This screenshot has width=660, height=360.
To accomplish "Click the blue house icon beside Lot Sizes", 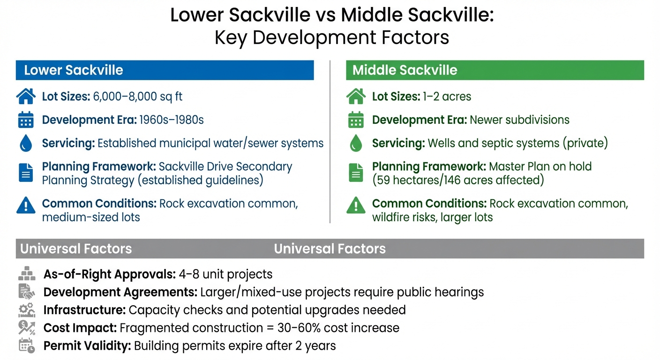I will [x=26, y=97].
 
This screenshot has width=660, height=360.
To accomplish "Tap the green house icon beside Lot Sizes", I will [x=356, y=97].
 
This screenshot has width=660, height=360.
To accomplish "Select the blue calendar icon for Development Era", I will [x=26, y=120].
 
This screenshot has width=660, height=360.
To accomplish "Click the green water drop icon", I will [x=356, y=143].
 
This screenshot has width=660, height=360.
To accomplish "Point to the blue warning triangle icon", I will [x=26, y=205].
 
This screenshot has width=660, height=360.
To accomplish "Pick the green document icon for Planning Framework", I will [x=356, y=172].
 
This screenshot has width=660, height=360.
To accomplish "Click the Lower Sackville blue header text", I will [x=74, y=70].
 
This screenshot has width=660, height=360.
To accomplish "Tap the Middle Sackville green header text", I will [x=405, y=70].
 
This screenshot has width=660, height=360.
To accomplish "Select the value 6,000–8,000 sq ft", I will [x=138, y=97].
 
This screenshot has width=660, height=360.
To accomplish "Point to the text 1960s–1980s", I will [x=172, y=120].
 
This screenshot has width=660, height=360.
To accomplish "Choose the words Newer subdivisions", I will [x=519, y=120].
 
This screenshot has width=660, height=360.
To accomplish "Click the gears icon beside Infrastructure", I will [x=27, y=310].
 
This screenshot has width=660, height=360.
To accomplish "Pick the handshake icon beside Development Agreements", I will [x=27, y=292].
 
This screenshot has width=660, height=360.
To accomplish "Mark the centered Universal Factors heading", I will [x=330, y=248].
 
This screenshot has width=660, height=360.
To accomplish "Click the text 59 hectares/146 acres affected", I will [x=458, y=180].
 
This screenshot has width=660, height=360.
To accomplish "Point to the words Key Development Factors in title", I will [x=331, y=37].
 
